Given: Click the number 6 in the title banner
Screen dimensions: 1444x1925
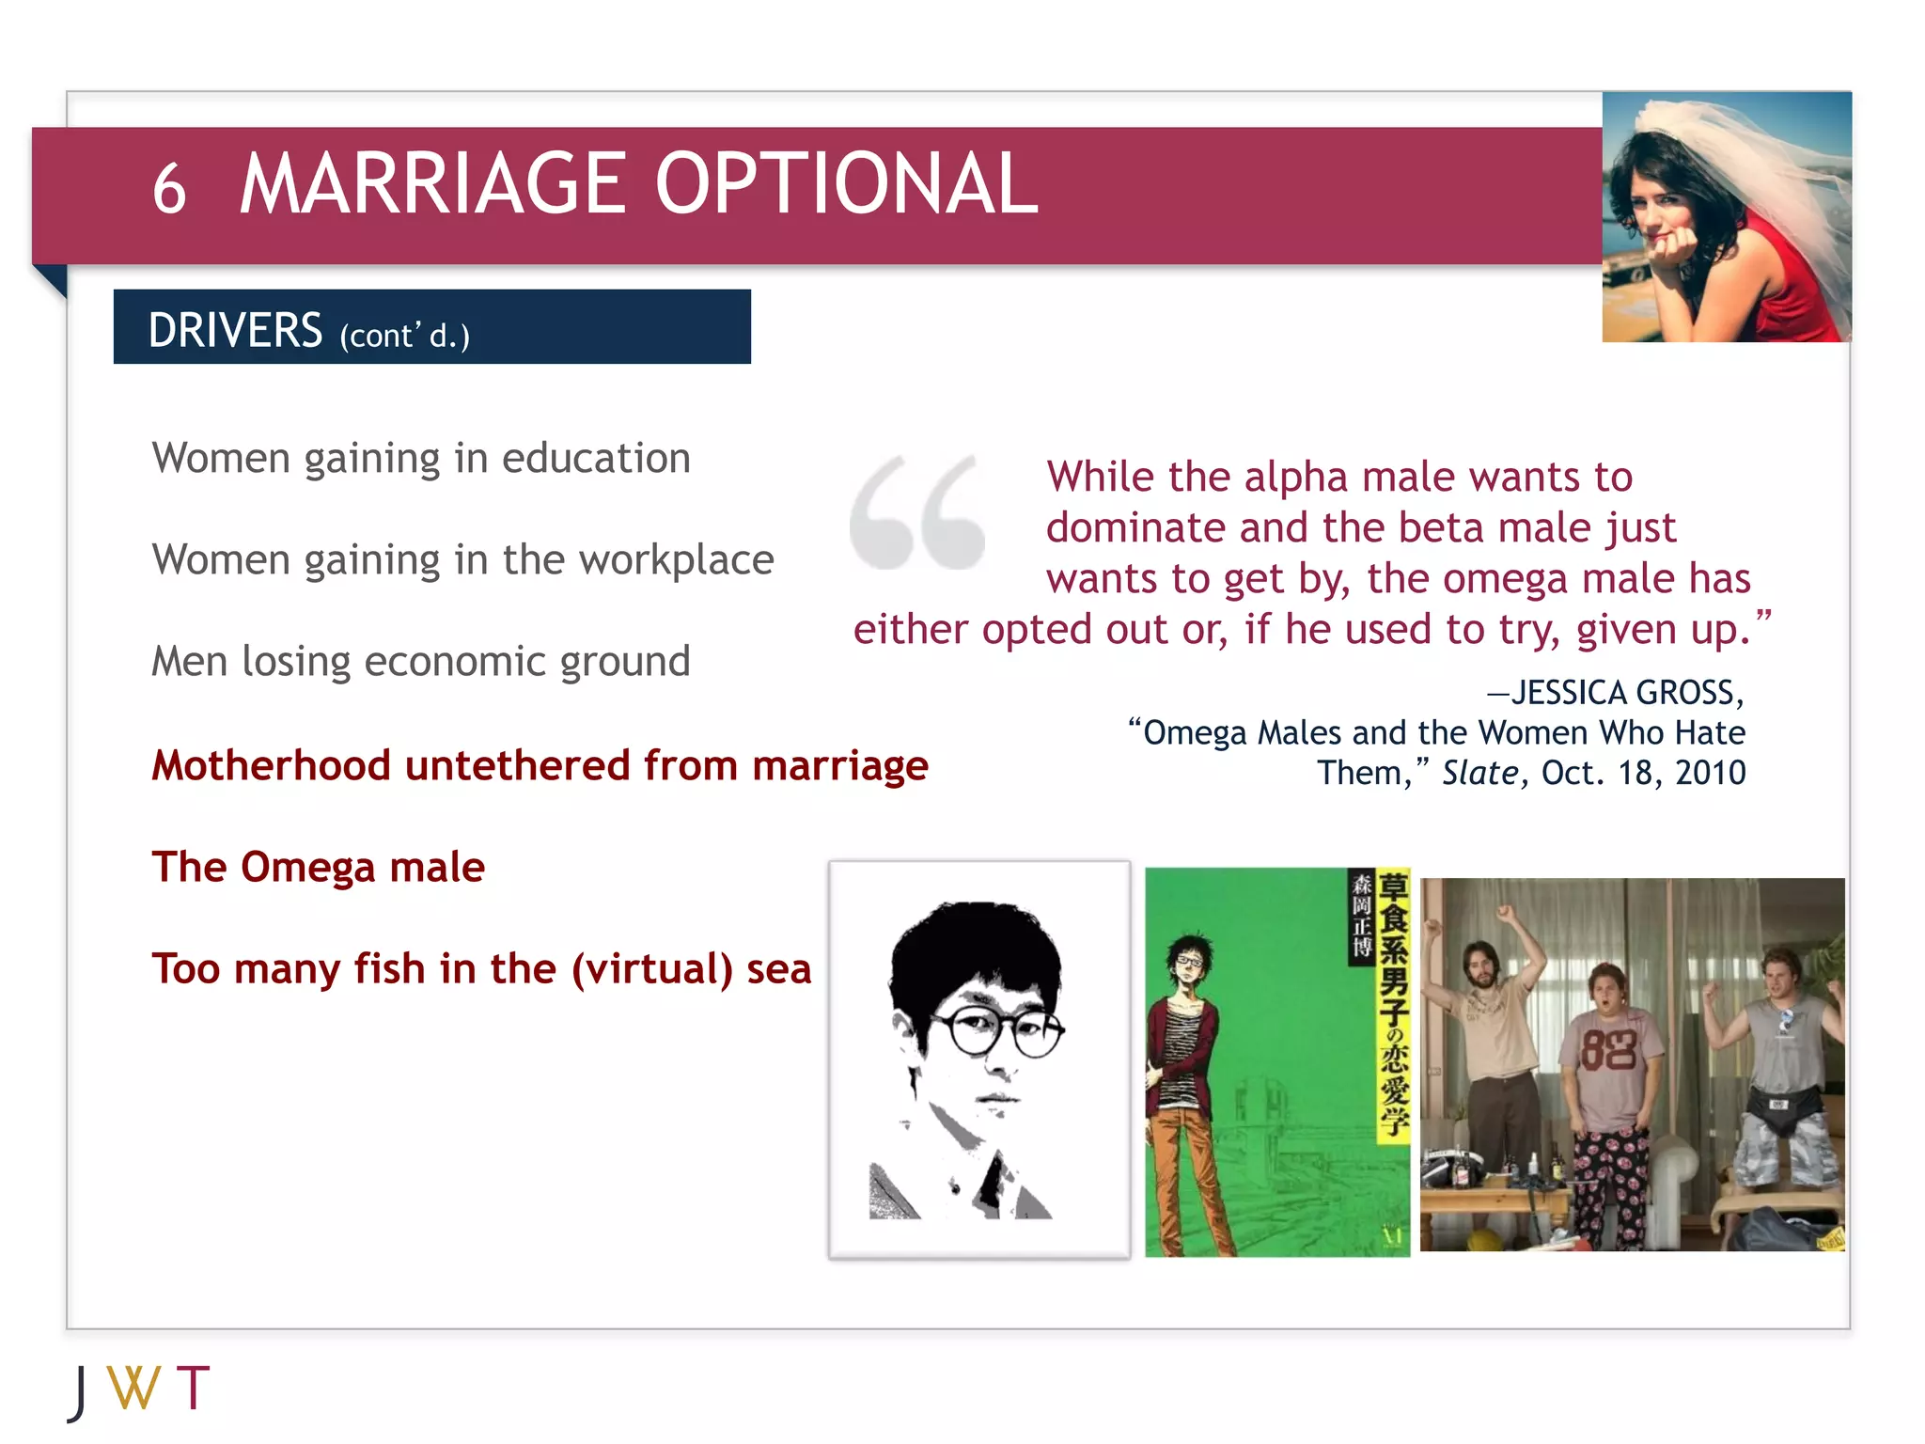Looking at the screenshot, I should [x=169, y=188].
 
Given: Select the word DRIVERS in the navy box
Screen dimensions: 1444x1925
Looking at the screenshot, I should [x=235, y=331].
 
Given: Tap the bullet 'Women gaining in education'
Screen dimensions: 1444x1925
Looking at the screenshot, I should [x=421, y=459].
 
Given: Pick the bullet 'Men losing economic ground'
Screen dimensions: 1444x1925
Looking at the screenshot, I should [x=421, y=662].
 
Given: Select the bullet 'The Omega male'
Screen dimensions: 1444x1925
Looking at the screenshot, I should [x=318, y=867].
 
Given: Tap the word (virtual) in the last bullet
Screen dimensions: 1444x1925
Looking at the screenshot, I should [x=652, y=968].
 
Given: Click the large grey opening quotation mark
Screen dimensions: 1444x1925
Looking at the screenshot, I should [x=916, y=512].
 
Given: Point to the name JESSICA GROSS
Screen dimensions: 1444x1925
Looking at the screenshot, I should [x=1626, y=693].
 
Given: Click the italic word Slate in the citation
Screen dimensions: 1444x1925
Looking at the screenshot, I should [x=1480, y=773].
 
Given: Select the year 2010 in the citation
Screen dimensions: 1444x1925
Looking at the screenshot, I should [x=1710, y=773].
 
